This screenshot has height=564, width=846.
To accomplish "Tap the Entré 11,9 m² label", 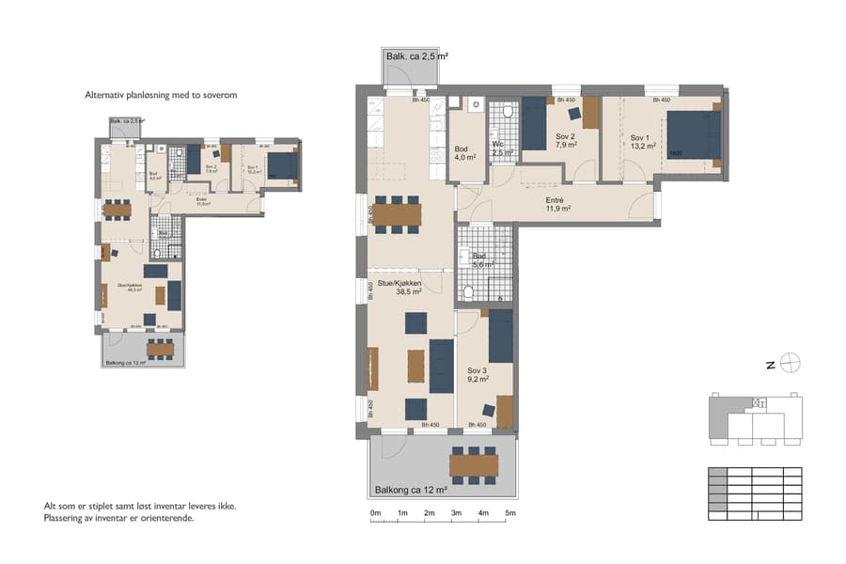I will coord(558,206).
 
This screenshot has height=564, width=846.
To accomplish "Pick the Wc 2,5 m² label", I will coord(503,149).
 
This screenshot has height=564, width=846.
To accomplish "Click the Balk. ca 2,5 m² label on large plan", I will coord(416,57).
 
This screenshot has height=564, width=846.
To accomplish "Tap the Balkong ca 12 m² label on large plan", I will coord(411,489).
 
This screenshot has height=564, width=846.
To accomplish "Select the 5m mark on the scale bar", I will coord(510,513).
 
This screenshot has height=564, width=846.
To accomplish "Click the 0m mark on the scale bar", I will coord(375,513).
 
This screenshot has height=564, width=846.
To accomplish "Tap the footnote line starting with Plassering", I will coord(118,518).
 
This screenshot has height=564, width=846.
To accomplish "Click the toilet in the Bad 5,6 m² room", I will coord(469,292).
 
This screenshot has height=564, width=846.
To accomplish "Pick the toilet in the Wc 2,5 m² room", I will coord(509,112).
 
